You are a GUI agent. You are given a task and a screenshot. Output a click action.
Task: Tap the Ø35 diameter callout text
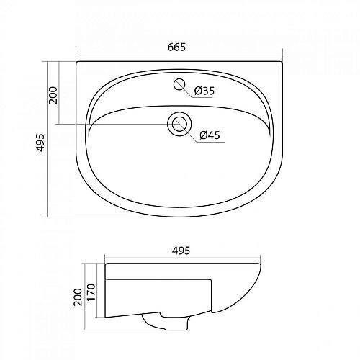pos(204,91)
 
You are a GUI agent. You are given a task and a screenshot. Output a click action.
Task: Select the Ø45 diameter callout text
pos(209,135)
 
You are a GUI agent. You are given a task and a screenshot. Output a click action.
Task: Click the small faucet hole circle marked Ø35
pos(179,85)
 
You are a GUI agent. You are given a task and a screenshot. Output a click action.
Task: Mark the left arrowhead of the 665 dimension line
pos(77,55)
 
